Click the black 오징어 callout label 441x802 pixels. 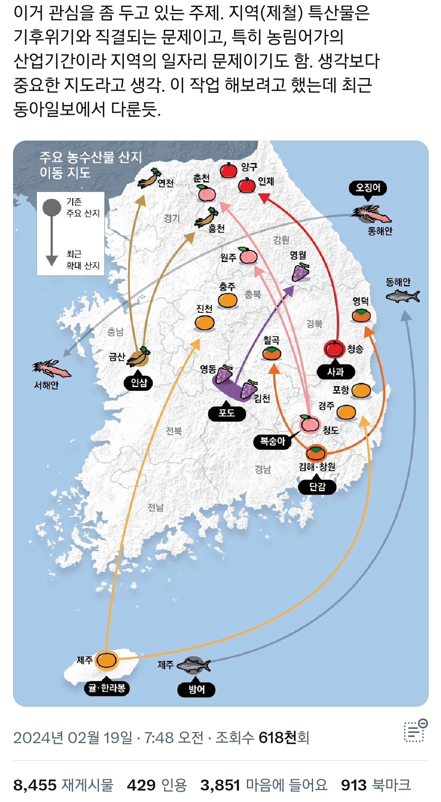tap(368, 188)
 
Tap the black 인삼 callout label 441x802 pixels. tap(139, 383)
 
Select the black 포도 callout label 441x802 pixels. tap(227, 413)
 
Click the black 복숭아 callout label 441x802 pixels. tap(273, 441)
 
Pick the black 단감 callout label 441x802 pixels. tap(317, 487)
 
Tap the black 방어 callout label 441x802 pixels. tap(196, 690)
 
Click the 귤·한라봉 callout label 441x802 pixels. tap(107, 688)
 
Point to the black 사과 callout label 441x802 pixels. tap(336, 372)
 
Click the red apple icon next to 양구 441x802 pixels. tap(228, 170)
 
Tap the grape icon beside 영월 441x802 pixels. tap(300, 272)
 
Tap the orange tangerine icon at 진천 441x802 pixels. tap(204, 323)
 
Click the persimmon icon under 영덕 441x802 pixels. tap(361, 315)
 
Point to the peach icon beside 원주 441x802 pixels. tap(248, 255)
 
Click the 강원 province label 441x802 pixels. tap(281, 240)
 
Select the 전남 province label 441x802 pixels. tap(155, 507)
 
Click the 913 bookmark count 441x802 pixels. tap(354, 785)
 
